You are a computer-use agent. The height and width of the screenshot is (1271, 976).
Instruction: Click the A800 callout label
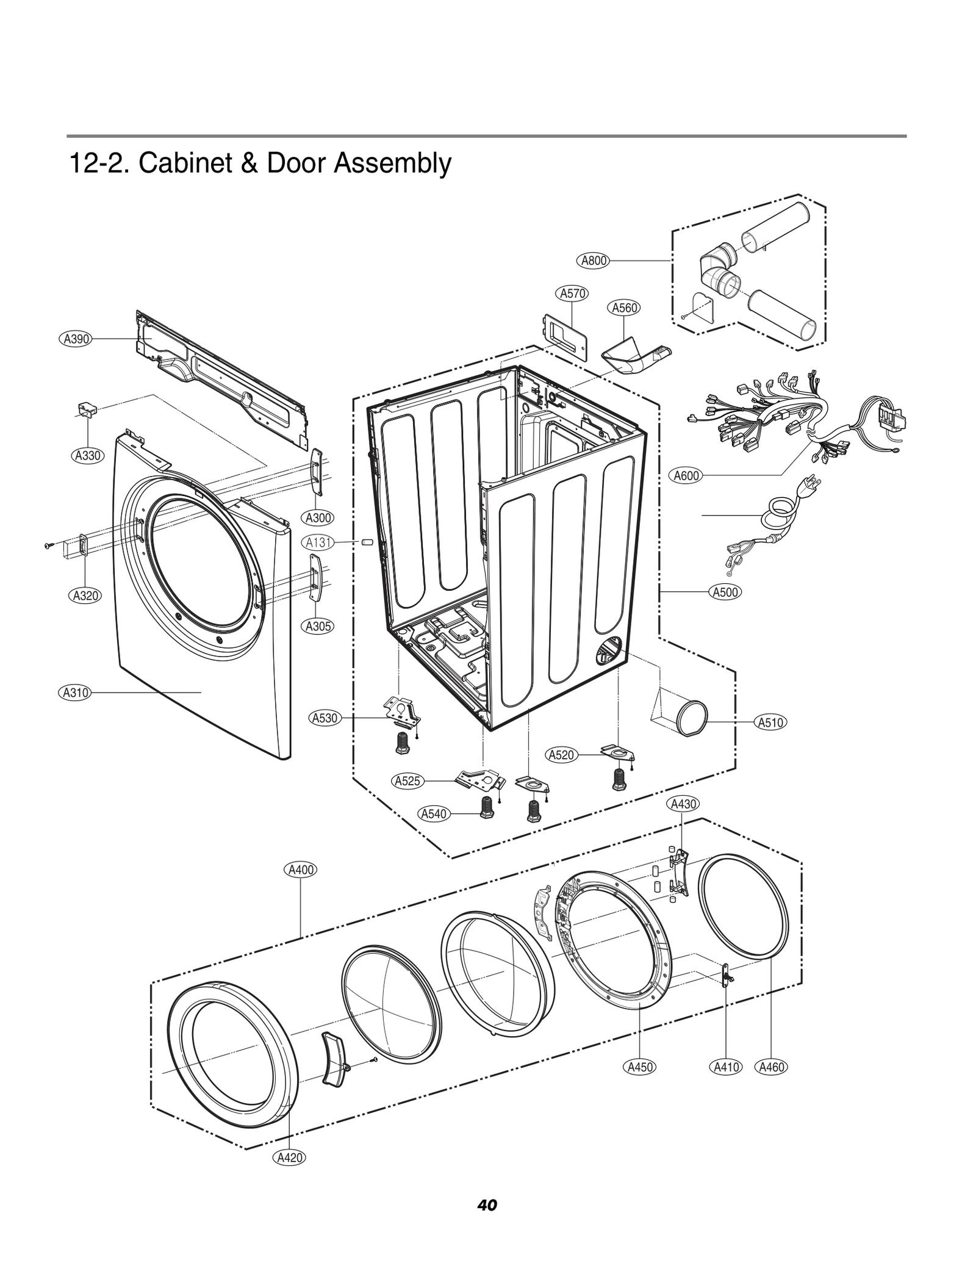pyautogui.click(x=593, y=261)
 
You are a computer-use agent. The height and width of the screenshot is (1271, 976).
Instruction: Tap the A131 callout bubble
pyautogui.click(x=318, y=542)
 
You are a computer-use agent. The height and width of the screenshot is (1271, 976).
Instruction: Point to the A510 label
pyautogui.click(x=770, y=722)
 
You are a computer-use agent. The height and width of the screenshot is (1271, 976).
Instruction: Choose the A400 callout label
pyautogui.click(x=301, y=870)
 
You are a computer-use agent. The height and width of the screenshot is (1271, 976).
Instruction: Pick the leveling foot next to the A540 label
pyautogui.click(x=487, y=810)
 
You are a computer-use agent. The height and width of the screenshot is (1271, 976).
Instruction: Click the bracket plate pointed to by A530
pyautogui.click(x=401, y=711)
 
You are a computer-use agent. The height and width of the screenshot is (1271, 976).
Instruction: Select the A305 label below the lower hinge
pyautogui.click(x=318, y=625)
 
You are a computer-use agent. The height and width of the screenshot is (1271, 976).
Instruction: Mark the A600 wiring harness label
pyautogui.click(x=686, y=475)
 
